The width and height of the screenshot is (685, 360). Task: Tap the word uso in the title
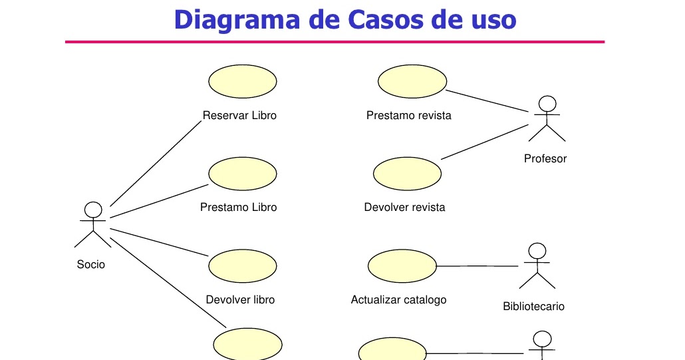tap(491, 19)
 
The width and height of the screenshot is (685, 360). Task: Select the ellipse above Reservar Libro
tap(242, 81)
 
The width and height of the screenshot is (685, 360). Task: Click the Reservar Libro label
tap(239, 116)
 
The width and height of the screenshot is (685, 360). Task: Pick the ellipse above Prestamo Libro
tap(242, 173)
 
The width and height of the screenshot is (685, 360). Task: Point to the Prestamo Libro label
tap(238, 208)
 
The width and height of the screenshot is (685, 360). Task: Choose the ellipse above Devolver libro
tap(242, 266)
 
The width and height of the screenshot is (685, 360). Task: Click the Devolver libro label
tap(240, 300)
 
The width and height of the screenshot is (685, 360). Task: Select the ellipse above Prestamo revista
tap(412, 81)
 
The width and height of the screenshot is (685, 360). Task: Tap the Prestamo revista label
tap(408, 116)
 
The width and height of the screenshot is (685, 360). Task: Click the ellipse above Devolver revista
tap(407, 173)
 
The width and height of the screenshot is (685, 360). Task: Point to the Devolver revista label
tap(404, 208)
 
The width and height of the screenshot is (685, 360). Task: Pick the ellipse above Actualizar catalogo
tap(402, 266)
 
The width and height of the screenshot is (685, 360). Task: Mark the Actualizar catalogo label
tap(398, 300)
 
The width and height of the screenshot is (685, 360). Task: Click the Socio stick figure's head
tap(94, 210)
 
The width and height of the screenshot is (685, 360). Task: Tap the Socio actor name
tap(91, 265)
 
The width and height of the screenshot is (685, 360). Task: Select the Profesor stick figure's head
tap(547, 104)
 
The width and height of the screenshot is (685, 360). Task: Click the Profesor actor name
tap(545, 159)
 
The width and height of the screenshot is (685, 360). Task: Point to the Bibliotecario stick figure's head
tap(537, 251)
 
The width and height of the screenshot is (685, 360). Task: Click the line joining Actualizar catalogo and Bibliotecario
tap(478, 266)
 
